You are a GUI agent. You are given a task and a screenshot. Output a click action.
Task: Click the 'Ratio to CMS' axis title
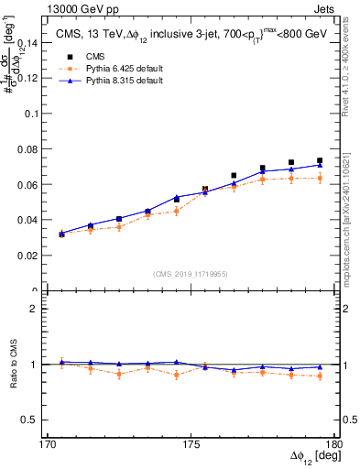pyautogui.click(x=12, y=365)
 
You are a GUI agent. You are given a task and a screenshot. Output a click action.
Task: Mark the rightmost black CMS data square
pyautogui.click(x=320, y=161)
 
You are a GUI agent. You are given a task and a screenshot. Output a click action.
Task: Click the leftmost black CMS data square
pyautogui.click(x=61, y=234)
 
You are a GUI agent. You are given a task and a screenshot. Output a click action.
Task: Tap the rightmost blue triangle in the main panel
pyautogui.click(x=320, y=165)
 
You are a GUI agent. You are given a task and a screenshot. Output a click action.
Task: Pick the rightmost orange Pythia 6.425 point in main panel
pyautogui.click(x=320, y=179)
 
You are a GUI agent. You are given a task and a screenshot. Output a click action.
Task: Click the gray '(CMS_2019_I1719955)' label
pyautogui.click(x=190, y=273)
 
